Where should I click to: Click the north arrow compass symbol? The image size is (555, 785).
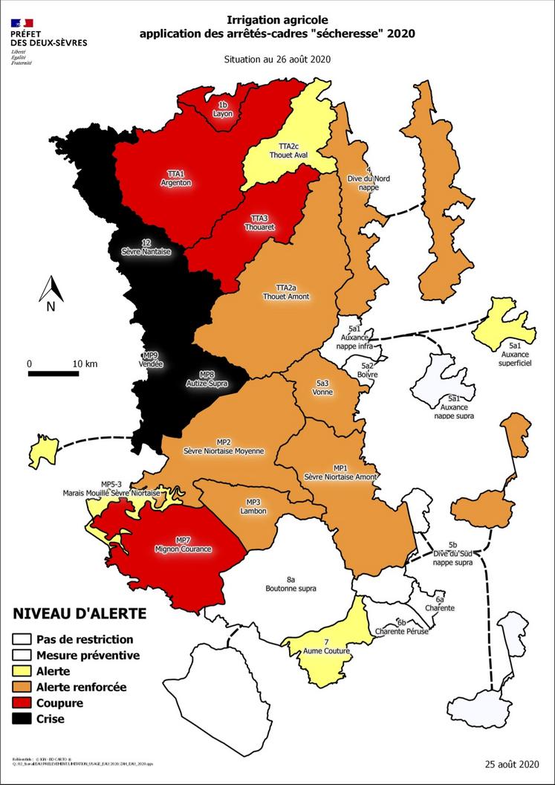coord(51,293)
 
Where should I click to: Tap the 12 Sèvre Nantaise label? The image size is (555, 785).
coord(146,248)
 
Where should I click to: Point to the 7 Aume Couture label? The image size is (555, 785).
coord(326,647)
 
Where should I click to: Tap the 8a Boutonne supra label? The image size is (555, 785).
coord(291,584)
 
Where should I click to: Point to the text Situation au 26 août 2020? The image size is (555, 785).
coord(277,59)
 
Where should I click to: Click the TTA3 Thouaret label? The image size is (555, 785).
coord(259,222)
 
